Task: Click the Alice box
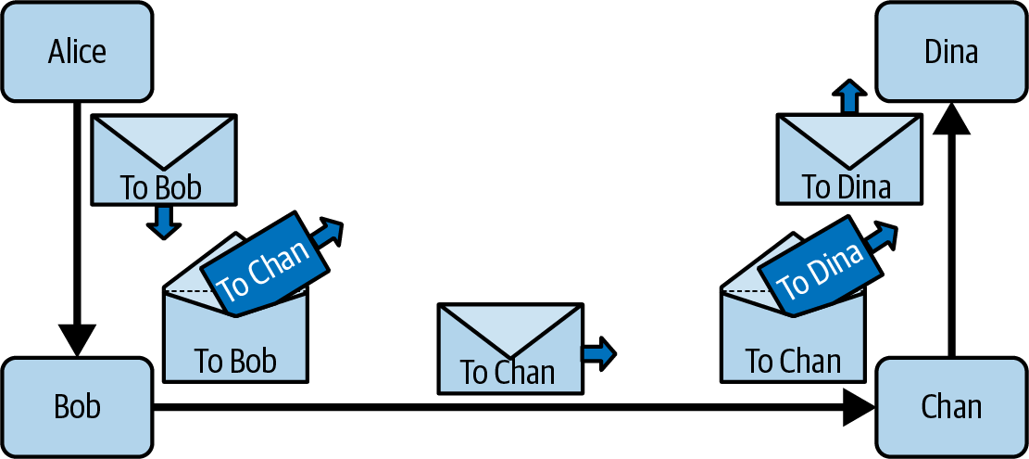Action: point(77,51)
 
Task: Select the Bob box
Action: point(77,407)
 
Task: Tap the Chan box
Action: point(951,407)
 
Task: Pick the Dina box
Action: point(951,51)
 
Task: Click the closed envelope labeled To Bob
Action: point(163,159)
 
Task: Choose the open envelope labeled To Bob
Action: point(235,343)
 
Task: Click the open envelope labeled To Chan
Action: point(793,343)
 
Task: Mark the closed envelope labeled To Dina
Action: point(847,159)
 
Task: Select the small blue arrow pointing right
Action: point(599,353)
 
